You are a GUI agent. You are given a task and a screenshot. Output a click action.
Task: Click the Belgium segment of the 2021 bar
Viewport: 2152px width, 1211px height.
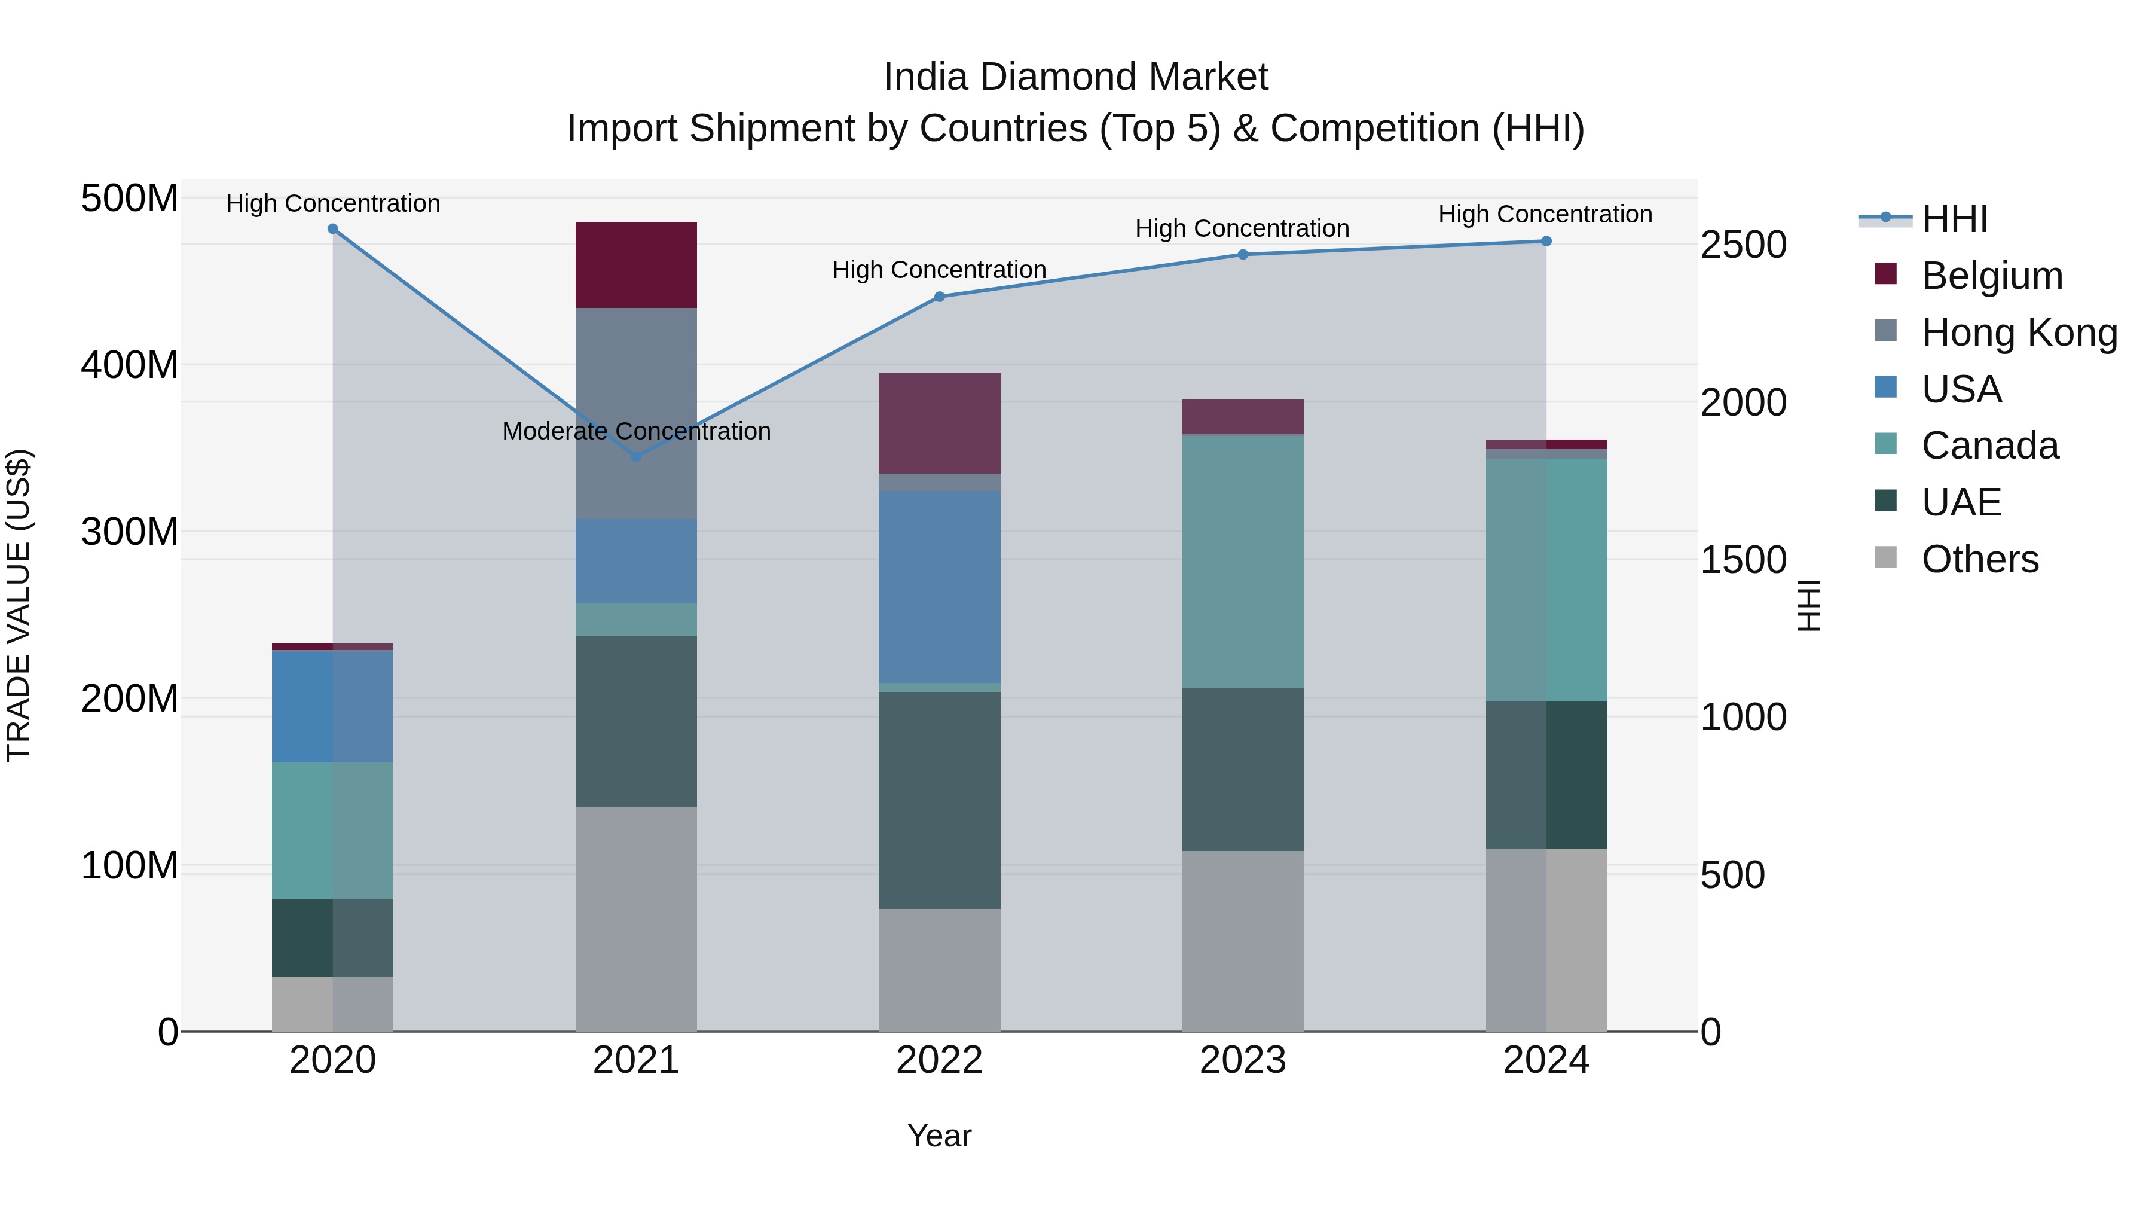(x=636, y=265)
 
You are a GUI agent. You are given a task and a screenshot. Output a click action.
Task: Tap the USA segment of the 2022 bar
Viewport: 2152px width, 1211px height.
(x=939, y=587)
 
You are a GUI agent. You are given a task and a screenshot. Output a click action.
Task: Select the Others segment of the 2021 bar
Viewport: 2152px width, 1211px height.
(x=636, y=919)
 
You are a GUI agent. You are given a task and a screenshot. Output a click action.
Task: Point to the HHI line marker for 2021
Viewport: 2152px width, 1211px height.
(x=636, y=457)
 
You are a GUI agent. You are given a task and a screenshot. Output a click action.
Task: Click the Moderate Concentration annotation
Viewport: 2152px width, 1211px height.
(x=636, y=431)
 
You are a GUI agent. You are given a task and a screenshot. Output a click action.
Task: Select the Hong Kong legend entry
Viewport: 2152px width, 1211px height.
(x=2018, y=333)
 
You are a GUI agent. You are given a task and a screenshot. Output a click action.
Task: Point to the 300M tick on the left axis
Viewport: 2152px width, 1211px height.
(x=130, y=532)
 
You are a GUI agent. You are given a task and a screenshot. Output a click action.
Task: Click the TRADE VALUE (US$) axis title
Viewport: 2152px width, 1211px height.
(x=19, y=605)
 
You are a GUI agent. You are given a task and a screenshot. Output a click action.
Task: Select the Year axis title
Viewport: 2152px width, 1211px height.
(x=939, y=1136)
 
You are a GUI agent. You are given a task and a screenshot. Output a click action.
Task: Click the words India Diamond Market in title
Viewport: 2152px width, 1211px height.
(x=1075, y=77)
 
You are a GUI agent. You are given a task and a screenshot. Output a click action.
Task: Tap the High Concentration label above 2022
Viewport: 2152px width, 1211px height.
(x=939, y=270)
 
